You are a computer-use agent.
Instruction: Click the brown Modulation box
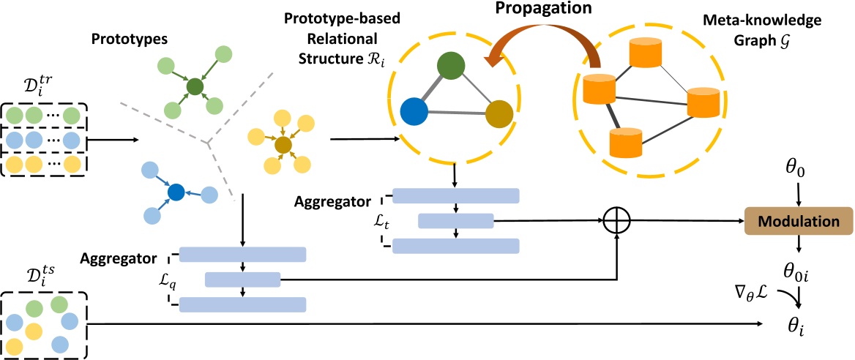797,221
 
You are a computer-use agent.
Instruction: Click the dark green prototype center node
195,88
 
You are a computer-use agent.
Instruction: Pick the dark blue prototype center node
175,192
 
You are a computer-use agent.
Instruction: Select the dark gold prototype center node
283,145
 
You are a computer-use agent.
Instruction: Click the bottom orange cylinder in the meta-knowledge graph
624,143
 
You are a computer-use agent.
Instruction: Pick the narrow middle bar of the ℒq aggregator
242,280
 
